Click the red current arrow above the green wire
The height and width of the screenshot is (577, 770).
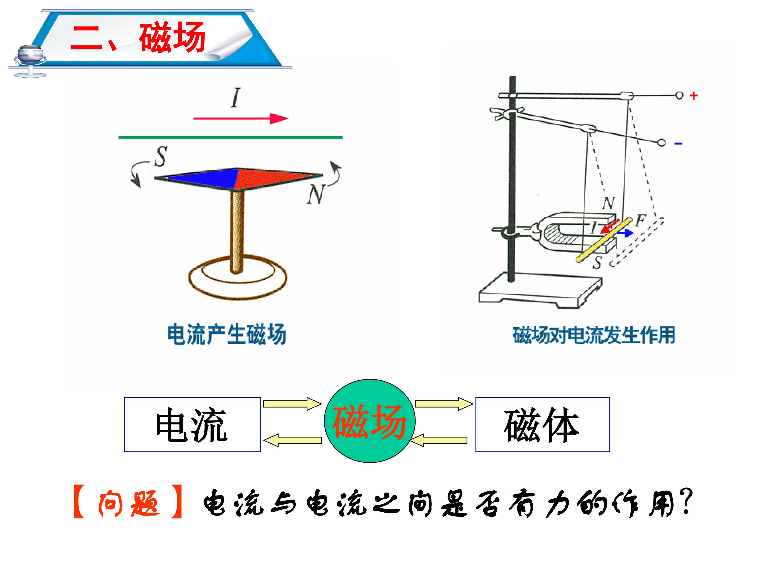point(241,119)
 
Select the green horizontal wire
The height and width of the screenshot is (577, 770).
point(230,138)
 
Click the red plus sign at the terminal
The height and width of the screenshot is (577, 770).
point(694,95)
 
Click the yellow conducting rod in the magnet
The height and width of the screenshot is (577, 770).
point(604,240)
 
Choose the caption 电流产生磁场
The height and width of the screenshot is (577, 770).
point(227,334)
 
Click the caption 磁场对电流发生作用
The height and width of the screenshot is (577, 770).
point(594,335)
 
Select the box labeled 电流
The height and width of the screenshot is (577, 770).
point(192,424)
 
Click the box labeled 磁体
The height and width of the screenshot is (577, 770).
point(542,424)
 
